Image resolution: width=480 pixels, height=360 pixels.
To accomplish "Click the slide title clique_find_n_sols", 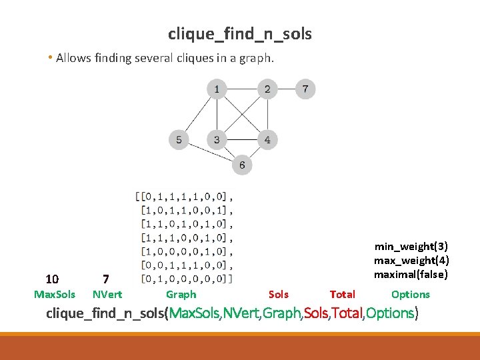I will click(x=239, y=34).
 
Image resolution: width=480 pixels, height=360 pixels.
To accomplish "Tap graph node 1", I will click(x=216, y=89).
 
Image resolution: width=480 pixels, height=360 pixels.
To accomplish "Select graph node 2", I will click(x=267, y=89).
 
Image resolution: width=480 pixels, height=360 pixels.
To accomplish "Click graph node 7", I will click(x=305, y=89).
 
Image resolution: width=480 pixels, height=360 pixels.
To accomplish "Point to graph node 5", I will click(x=179, y=139).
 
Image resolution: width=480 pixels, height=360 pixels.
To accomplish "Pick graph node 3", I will click(x=216, y=139).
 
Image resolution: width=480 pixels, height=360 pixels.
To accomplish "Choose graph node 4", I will click(x=267, y=139).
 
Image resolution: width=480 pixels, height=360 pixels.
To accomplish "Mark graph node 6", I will click(x=242, y=165).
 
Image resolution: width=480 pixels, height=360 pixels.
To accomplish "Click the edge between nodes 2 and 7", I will click(x=286, y=89).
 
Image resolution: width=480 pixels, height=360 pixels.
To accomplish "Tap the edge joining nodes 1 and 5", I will click(x=197, y=114).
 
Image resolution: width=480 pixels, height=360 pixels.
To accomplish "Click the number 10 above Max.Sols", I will click(x=52, y=279).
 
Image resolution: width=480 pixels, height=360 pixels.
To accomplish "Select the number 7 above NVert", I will click(x=105, y=279).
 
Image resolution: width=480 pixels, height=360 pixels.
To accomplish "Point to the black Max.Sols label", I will click(x=55, y=295).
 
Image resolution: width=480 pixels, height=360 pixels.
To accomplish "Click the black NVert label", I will click(x=107, y=295).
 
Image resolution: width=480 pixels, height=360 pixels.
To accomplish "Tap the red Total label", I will click(x=343, y=295).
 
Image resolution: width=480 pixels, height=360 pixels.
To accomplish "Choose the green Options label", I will click(x=411, y=295).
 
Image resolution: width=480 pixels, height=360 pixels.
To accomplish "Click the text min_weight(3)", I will click(x=411, y=247).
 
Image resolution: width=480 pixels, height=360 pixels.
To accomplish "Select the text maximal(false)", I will click(x=411, y=275).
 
